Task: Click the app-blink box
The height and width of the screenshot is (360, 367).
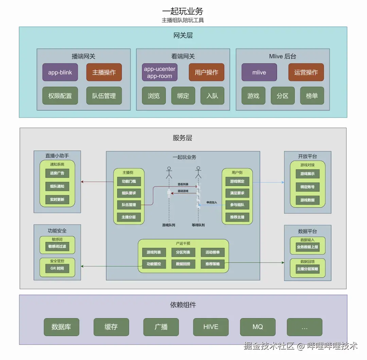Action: (60, 72)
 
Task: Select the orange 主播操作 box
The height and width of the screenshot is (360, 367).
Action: (104, 72)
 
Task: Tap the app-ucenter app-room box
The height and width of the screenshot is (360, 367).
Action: (160, 72)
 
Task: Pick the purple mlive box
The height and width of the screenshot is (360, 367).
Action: (259, 72)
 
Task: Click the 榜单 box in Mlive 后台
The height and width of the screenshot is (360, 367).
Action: (312, 96)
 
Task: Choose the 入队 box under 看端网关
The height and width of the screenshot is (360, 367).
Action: (212, 96)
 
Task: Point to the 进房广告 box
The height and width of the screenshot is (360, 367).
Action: (57, 173)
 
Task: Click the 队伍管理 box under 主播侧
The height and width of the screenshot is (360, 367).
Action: (129, 205)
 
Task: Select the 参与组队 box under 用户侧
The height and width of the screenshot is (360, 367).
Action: (237, 205)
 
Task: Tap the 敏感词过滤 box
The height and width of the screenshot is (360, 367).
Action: (57, 246)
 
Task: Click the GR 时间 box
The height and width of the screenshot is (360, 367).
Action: (57, 269)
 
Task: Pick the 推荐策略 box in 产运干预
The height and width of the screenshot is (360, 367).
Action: (213, 264)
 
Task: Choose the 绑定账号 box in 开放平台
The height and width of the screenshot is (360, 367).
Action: (308, 187)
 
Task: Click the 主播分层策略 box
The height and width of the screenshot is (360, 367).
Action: (308, 269)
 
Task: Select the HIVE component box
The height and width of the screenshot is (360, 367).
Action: (211, 327)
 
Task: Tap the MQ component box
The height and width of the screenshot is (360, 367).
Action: (258, 327)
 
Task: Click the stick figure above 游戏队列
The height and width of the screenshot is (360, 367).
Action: (169, 172)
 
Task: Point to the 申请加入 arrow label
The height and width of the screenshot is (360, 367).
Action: (212, 203)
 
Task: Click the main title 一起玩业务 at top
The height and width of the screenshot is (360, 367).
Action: (183, 11)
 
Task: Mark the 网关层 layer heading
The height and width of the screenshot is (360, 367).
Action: (183, 35)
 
